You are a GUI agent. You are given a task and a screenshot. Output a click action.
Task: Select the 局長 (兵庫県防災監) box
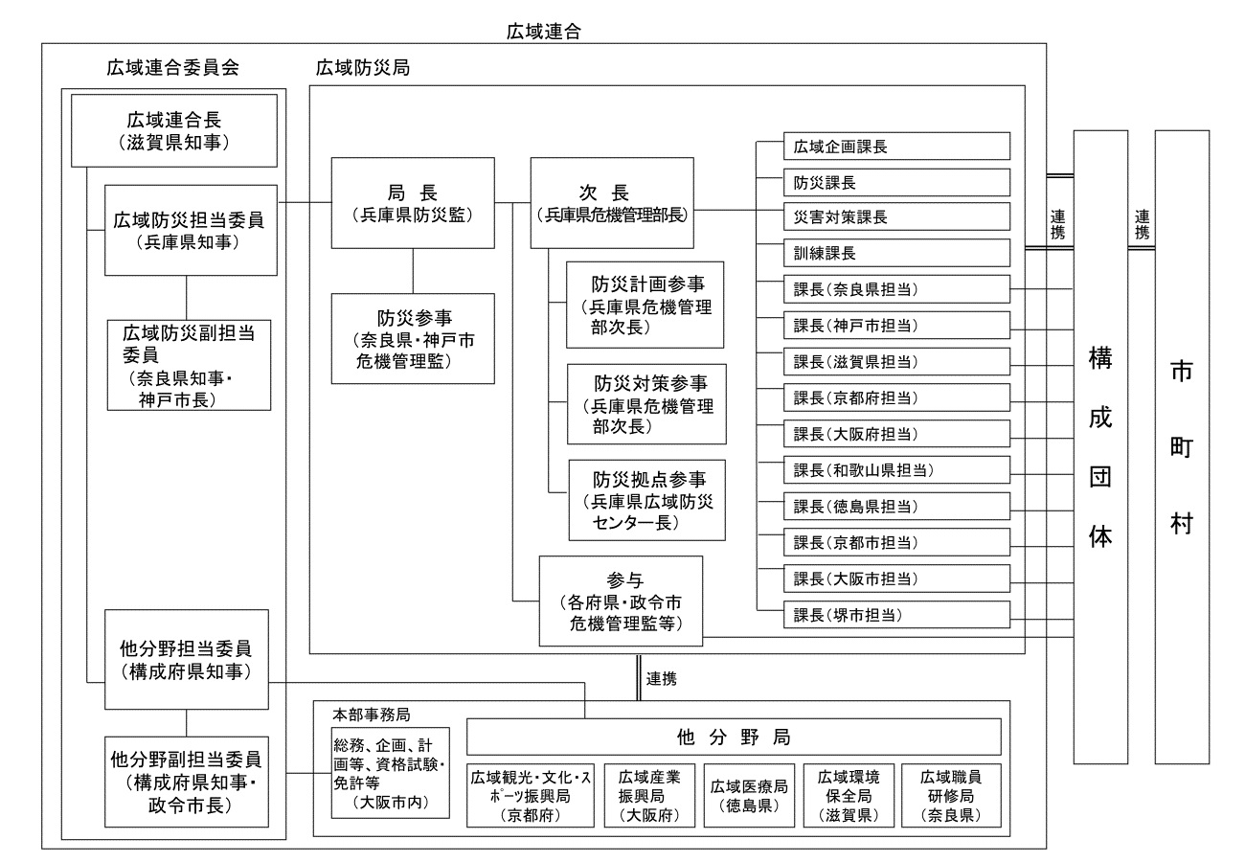[413, 203]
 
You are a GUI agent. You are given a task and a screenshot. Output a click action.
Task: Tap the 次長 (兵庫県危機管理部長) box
[612, 203]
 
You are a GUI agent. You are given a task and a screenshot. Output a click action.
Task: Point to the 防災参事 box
[413, 338]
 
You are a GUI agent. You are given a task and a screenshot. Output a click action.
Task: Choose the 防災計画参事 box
[645, 304]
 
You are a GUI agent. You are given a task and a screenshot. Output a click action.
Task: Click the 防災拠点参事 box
[645, 500]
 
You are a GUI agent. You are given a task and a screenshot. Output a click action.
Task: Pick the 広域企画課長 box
[896, 147]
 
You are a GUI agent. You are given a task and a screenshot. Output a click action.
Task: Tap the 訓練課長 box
[896, 254]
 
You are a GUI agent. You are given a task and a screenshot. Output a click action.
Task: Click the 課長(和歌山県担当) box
[896, 470]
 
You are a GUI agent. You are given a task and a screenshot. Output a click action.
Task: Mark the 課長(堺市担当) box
[896, 615]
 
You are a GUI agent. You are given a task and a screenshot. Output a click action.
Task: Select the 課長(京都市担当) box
[896, 542]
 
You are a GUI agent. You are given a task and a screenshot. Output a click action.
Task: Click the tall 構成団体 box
[1100, 446]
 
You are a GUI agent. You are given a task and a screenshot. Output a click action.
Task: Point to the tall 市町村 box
[1182, 446]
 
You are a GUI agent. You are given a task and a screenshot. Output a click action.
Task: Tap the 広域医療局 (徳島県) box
[749, 795]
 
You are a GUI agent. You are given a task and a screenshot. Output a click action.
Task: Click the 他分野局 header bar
[734, 737]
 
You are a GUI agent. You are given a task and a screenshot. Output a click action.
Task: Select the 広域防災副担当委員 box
[175, 365]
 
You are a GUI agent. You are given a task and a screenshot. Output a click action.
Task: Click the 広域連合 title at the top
[544, 31]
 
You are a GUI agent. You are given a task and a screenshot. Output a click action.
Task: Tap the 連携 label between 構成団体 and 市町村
[1141, 225]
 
